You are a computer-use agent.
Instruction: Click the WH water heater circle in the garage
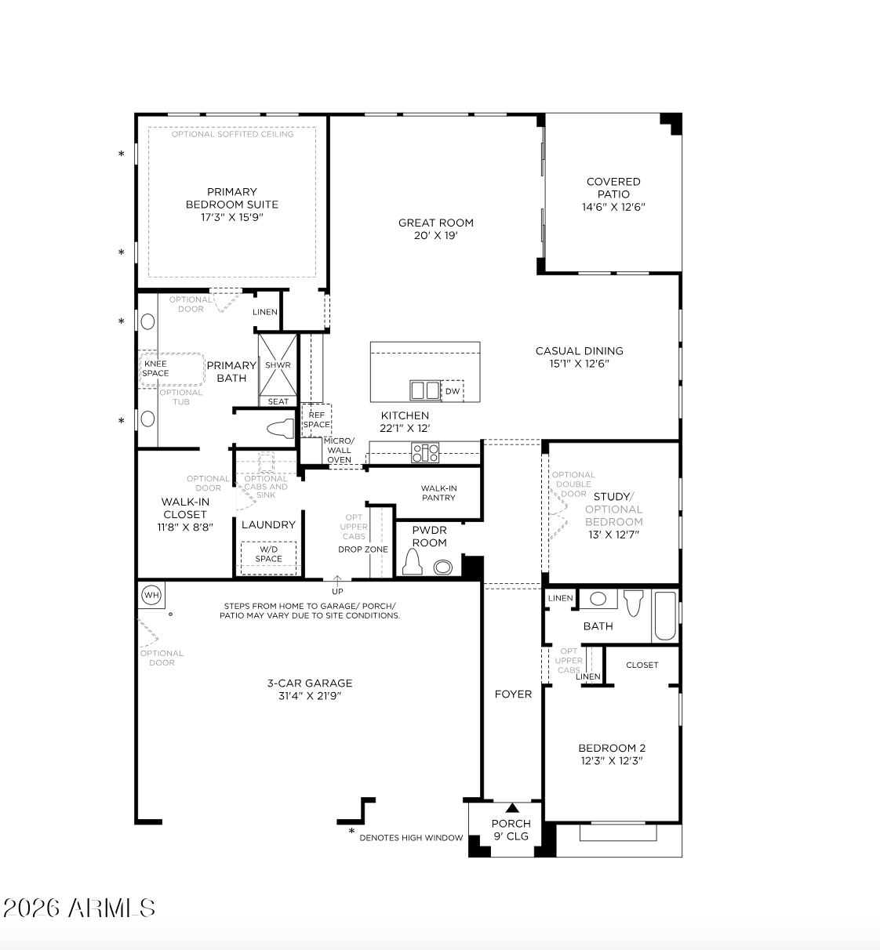[151, 595]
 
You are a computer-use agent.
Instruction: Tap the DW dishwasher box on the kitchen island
[453, 391]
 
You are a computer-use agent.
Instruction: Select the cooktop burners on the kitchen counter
[425, 452]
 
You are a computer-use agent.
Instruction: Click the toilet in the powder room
[413, 561]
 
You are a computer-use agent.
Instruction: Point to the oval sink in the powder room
[443, 567]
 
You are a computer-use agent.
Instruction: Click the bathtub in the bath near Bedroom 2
[665, 615]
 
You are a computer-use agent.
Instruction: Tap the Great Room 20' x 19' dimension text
[436, 235]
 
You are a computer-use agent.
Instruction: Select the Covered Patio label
[613, 188]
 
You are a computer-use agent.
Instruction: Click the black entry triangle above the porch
[512, 808]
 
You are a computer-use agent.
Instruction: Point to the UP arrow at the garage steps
[337, 581]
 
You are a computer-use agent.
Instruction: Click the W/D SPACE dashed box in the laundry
[268, 558]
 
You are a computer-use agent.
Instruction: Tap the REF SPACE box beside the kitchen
[317, 420]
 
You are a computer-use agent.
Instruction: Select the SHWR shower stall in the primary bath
[278, 365]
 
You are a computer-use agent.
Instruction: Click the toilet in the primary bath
[282, 429]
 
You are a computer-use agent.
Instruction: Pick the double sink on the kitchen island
[424, 390]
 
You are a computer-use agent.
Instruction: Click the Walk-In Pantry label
[438, 493]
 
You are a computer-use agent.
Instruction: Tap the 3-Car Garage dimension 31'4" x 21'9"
[310, 696]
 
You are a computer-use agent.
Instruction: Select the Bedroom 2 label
[612, 748]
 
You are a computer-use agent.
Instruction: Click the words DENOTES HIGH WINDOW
[411, 838]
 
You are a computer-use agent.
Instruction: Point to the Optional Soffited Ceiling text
[233, 134]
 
